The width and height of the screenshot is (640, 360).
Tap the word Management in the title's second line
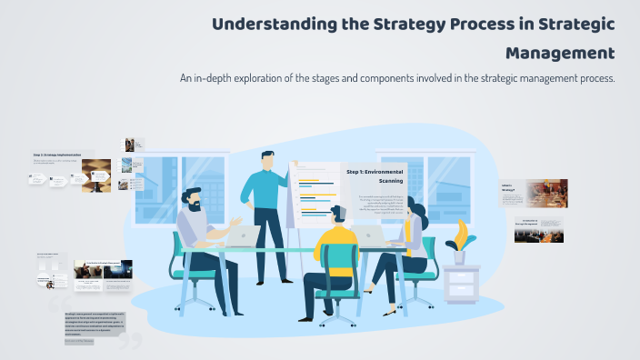(x=561, y=52)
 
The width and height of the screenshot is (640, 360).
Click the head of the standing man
(x=266, y=159)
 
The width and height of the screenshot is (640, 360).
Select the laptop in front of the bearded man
(x=243, y=236)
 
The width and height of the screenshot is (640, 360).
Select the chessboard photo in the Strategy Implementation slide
(x=96, y=175)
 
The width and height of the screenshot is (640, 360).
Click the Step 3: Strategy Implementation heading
(x=56, y=155)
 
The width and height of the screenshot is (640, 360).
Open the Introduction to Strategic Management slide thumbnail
(x=538, y=229)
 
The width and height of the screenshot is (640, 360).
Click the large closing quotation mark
(x=131, y=340)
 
